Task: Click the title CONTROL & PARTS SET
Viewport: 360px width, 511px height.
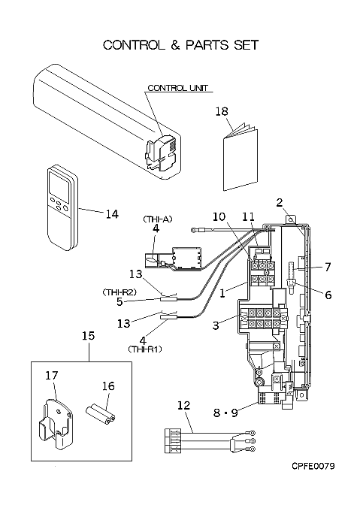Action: click(181, 45)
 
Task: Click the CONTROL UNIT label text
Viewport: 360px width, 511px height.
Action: click(177, 88)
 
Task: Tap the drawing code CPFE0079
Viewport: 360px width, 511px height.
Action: click(313, 466)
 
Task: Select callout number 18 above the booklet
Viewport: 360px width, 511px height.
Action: click(222, 111)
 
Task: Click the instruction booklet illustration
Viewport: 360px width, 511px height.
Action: click(241, 157)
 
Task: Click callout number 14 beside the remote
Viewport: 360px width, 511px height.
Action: click(112, 214)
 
